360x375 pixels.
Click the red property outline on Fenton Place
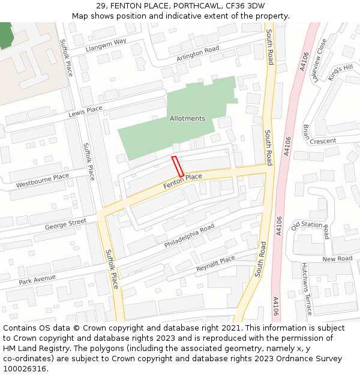pos(178,166)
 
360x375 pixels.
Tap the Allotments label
pos(187,119)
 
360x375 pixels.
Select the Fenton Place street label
pos(182,181)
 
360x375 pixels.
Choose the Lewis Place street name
pos(85,111)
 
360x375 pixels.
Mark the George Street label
pos(65,224)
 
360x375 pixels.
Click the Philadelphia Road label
pos(189,236)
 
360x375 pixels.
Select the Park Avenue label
pos(37,279)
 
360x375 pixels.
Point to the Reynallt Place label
pos(215,263)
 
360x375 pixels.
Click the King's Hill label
pos(340,71)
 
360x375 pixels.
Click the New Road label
pos(337,259)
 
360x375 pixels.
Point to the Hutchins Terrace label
pos(307,288)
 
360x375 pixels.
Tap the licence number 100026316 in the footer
pos(25,368)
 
